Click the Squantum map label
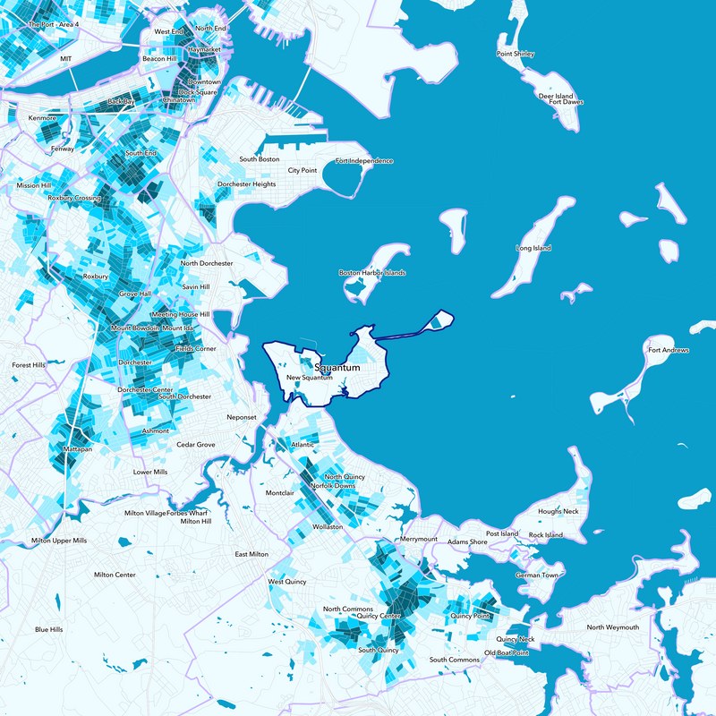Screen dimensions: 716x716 pyautogui.click(x=337, y=368)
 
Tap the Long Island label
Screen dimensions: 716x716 pyautogui.click(x=533, y=248)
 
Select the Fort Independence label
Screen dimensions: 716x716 pyautogui.click(x=363, y=161)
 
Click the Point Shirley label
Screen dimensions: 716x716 pyautogui.click(x=516, y=54)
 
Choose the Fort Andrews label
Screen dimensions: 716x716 pyautogui.click(x=668, y=350)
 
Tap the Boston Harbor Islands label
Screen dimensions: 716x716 pyautogui.click(x=371, y=273)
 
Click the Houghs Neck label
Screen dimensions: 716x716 pyautogui.click(x=558, y=511)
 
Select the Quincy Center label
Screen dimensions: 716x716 pyautogui.click(x=379, y=616)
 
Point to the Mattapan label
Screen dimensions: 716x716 pyautogui.click(x=78, y=448)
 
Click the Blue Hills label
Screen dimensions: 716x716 pyautogui.click(x=49, y=629)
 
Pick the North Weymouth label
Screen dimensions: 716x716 pyautogui.click(x=613, y=627)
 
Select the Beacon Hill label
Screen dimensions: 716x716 pyautogui.click(x=160, y=59)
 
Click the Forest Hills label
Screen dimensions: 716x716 pyautogui.click(x=27, y=365)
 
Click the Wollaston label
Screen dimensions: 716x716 pyautogui.click(x=327, y=527)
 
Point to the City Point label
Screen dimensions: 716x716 pyautogui.click(x=303, y=170)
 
